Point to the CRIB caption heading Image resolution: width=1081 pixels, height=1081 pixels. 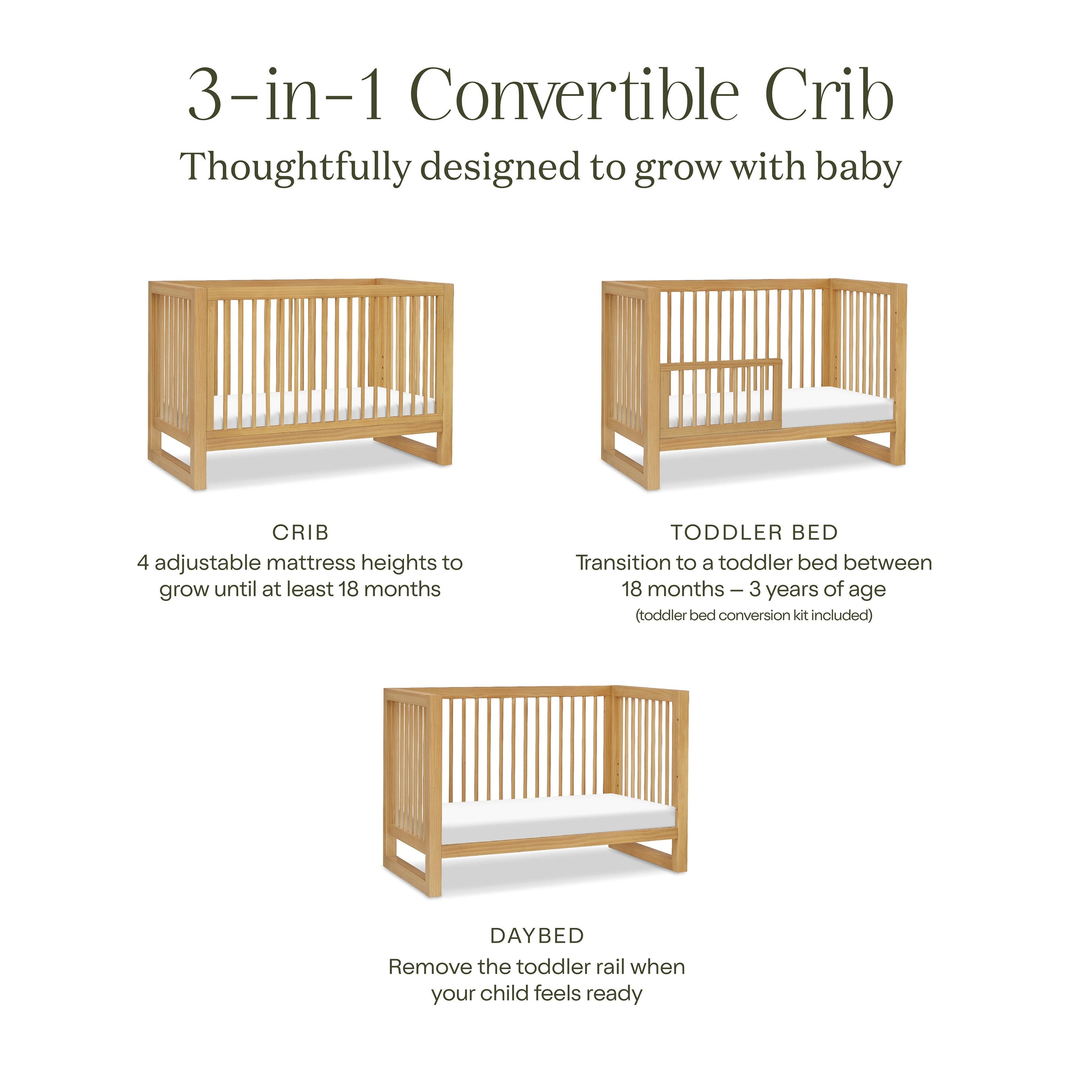(300, 532)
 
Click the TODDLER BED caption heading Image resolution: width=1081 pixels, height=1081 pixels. (754, 532)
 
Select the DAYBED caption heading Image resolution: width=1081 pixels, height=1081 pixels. (537, 936)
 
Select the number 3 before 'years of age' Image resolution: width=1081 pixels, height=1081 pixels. (755, 589)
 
